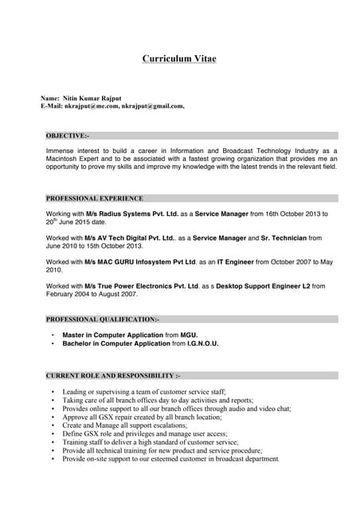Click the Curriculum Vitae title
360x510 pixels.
pyautogui.click(x=179, y=59)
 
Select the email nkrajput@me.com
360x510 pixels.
pyautogui.click(x=91, y=105)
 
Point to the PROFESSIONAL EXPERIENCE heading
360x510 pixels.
pyautogui.click(x=95, y=198)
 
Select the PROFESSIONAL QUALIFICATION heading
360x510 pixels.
pyautogui.click(x=103, y=319)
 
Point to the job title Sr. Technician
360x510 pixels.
pyautogui.click(x=284, y=237)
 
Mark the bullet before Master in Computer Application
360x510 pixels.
pyautogui.click(x=53, y=335)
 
